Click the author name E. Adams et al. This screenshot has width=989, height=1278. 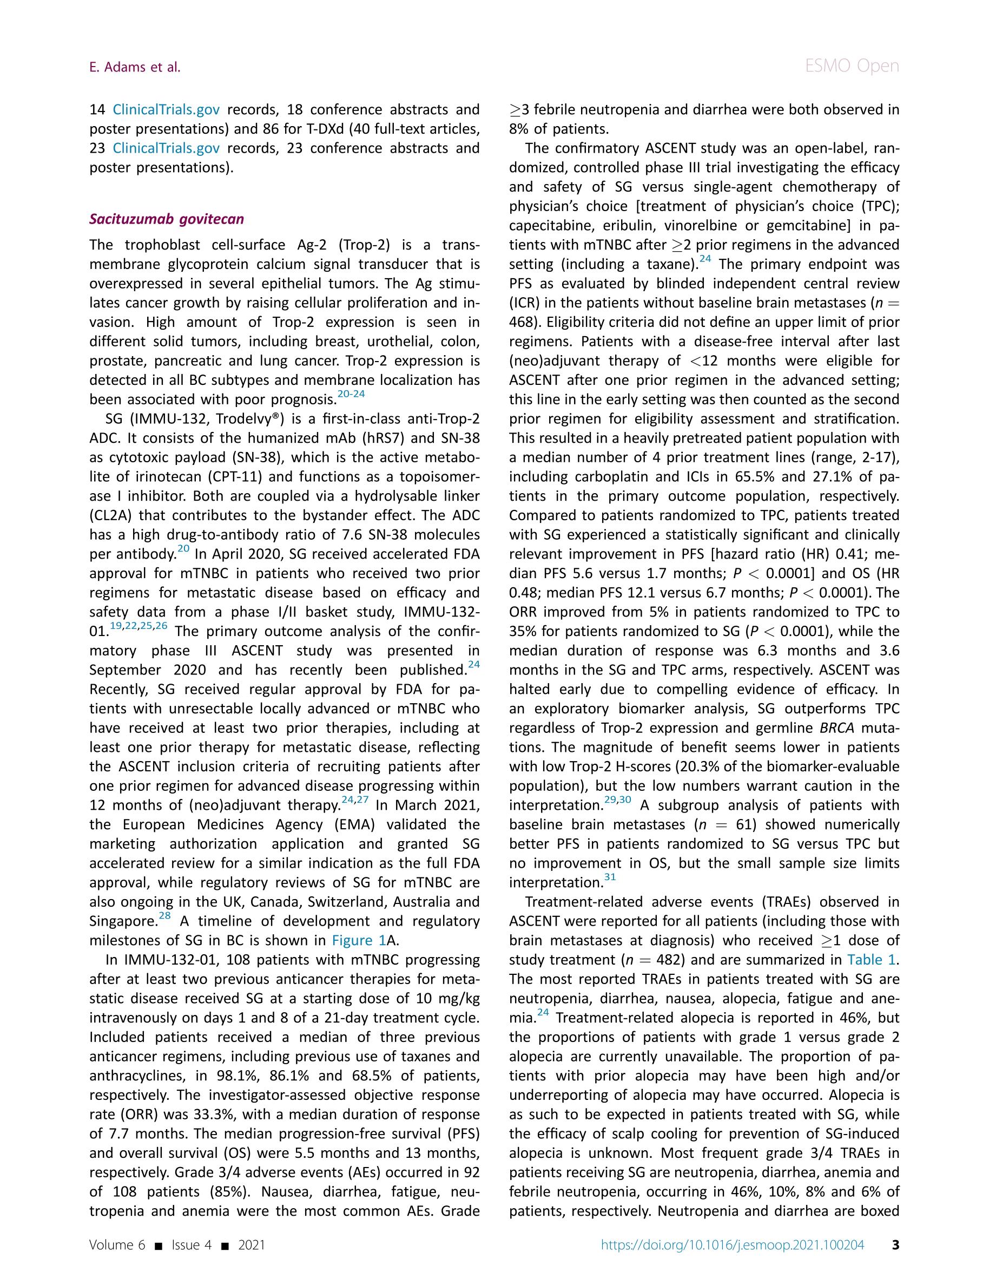coord(135,67)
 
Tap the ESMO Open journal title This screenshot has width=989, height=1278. coord(852,66)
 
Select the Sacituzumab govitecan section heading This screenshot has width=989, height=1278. coord(167,219)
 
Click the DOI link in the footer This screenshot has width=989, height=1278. coord(732,1244)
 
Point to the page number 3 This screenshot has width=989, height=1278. coord(895,1244)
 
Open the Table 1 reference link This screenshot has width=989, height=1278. coord(871,960)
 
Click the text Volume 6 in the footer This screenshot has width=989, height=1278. coord(117,1244)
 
